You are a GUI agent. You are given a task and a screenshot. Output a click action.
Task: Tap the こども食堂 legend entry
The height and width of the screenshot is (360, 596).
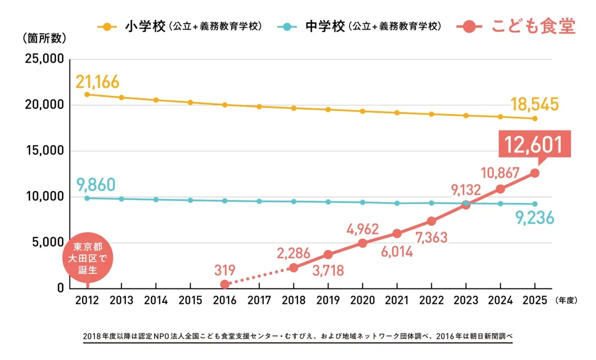coord(517,26)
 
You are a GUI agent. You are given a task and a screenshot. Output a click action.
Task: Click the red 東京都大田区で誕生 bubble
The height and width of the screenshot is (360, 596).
coord(88,259)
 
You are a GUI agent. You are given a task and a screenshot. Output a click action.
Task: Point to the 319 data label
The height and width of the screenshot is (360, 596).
coord(225,271)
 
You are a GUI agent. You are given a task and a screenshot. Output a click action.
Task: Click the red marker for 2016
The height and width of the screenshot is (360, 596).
coord(224,284)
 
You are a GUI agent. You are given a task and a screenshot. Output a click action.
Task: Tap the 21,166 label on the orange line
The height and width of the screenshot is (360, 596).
coord(98,82)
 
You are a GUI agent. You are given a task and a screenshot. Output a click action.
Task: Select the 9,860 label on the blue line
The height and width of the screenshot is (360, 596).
coord(96,185)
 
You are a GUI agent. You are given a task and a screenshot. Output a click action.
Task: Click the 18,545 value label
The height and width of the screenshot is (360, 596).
coord(535,104)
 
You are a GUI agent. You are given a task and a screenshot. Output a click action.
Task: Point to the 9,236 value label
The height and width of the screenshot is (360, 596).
coord(535,217)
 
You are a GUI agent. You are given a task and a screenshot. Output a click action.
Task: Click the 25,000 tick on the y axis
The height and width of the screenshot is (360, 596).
coord(44,59)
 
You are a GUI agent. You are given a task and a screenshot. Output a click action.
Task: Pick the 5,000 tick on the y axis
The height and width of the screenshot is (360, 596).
coord(47,243)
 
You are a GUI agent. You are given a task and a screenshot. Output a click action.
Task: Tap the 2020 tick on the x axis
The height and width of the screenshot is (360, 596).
coord(362,300)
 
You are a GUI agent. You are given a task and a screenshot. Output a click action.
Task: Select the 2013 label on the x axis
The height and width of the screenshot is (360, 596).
coord(121,300)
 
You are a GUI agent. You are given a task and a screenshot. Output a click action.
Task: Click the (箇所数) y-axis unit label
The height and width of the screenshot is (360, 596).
coord(44,38)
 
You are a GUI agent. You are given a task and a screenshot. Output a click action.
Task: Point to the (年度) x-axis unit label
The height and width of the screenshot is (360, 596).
coord(565,300)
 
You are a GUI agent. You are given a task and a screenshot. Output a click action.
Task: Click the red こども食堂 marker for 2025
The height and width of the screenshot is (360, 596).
coord(534,173)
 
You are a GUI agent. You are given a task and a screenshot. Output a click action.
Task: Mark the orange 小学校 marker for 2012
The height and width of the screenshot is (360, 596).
coord(87,94)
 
